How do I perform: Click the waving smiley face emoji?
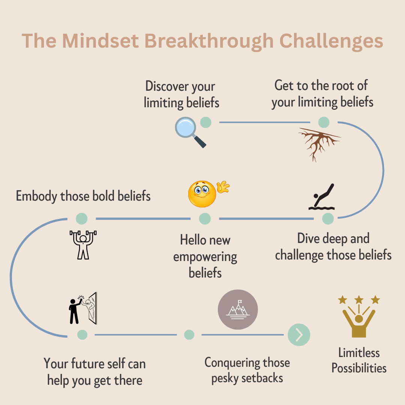coord(204,193)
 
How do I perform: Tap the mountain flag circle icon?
coord(238,310)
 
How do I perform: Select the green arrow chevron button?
coord(299,334)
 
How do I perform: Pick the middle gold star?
coord(359,300)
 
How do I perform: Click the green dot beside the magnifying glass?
coord(205,122)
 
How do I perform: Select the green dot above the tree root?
coord(324,122)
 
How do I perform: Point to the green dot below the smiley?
coord(205,219)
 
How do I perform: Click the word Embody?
coord(37,196)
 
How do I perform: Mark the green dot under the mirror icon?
coord(82,334)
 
